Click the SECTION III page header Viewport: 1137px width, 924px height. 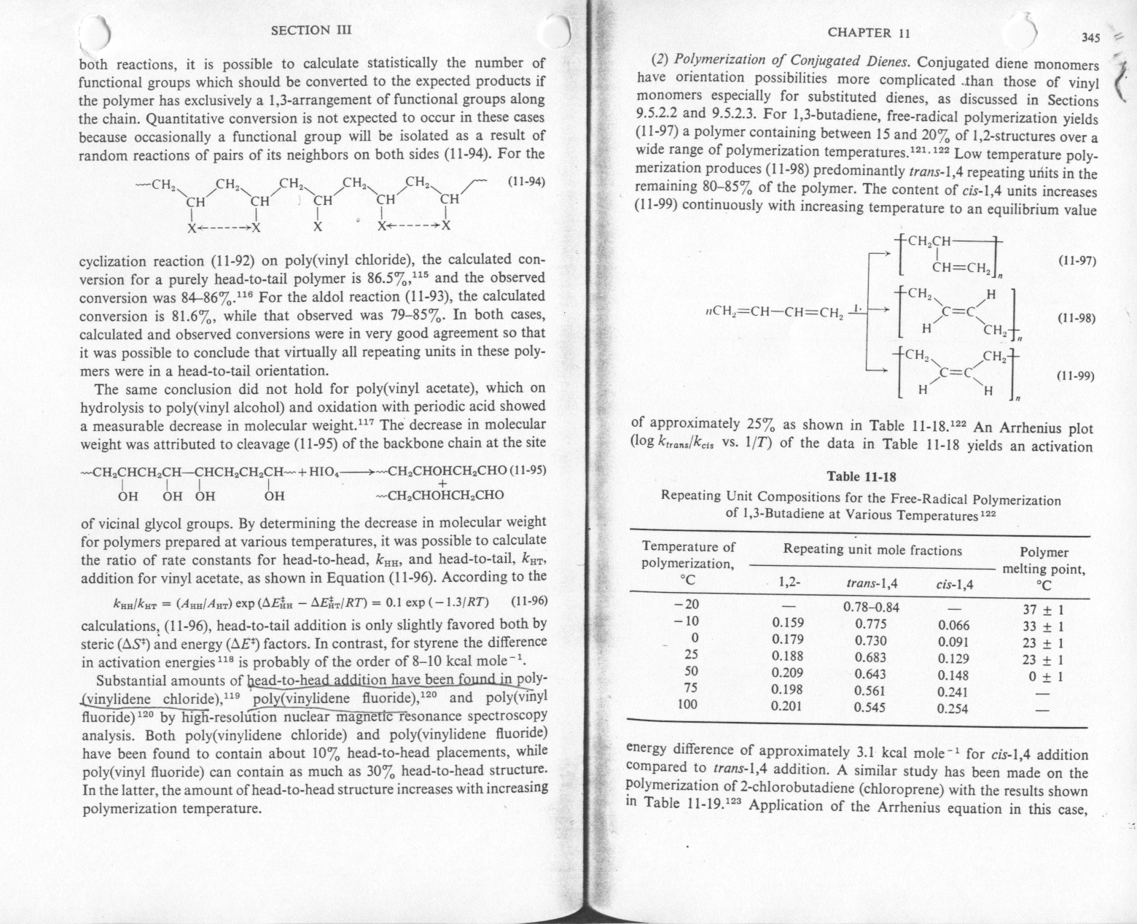point(310,30)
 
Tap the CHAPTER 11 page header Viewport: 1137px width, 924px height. point(869,32)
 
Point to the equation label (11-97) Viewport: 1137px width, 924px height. point(1076,261)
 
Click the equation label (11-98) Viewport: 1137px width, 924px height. point(1076,319)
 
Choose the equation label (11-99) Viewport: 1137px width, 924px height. point(1076,376)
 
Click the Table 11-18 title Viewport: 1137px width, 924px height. point(861,477)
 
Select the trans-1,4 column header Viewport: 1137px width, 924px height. point(872,584)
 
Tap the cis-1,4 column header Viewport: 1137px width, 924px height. point(956,584)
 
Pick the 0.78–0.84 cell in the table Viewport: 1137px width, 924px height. point(871,607)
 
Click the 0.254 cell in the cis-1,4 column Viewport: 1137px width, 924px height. point(954,708)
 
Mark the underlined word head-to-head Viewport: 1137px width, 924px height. point(281,680)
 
